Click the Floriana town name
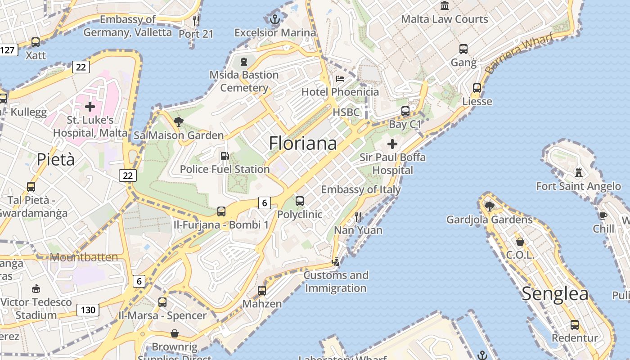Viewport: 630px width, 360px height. click(302, 143)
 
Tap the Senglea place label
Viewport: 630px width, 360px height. click(555, 294)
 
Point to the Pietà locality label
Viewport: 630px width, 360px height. click(56, 159)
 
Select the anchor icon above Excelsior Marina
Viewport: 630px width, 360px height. click(275, 19)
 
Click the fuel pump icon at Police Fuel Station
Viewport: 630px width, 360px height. click(224, 156)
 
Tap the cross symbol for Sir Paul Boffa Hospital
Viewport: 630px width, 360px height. click(392, 144)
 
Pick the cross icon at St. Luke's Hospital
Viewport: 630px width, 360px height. click(90, 107)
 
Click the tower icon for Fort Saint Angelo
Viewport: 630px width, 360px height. click(579, 172)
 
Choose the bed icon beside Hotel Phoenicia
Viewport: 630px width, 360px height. click(340, 79)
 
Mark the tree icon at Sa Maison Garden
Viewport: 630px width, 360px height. click(179, 121)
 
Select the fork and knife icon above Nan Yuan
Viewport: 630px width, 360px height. click(358, 217)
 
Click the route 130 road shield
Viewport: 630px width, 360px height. click(88, 310)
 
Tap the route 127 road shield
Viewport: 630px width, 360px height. click(8, 49)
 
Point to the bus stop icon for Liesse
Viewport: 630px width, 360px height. click(477, 88)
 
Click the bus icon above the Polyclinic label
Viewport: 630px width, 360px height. click(300, 201)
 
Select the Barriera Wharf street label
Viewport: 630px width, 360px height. click(519, 54)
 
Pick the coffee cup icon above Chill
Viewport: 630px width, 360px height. click(603, 215)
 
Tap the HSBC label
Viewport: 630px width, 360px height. click(346, 112)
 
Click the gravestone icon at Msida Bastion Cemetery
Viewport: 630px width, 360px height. click(244, 61)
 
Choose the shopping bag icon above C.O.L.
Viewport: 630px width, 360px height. click(520, 242)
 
